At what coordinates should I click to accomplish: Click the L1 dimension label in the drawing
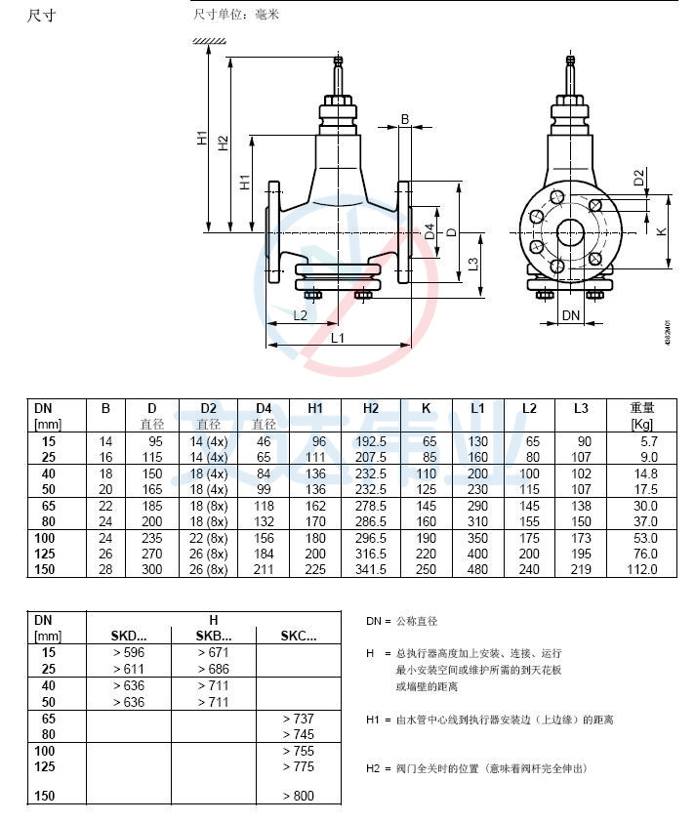pos(337,338)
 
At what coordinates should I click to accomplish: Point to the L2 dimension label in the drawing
pos(301,315)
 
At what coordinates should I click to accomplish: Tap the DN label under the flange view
pos(572,315)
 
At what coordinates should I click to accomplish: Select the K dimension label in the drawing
pos(661,230)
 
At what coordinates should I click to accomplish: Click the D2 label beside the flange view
pos(638,178)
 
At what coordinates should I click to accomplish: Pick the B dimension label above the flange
pos(404,119)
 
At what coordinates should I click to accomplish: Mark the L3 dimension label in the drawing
pos(472,264)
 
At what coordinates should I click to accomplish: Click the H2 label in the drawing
pos(224,144)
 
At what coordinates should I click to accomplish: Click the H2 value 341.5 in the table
pos(372,569)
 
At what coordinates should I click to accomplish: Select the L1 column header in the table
pos(478,407)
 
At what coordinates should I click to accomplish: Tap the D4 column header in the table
pos(264,407)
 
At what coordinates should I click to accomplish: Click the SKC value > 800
pos(298,796)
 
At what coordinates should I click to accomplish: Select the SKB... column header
pos(213,635)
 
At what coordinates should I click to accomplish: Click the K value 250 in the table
pos(427,569)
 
